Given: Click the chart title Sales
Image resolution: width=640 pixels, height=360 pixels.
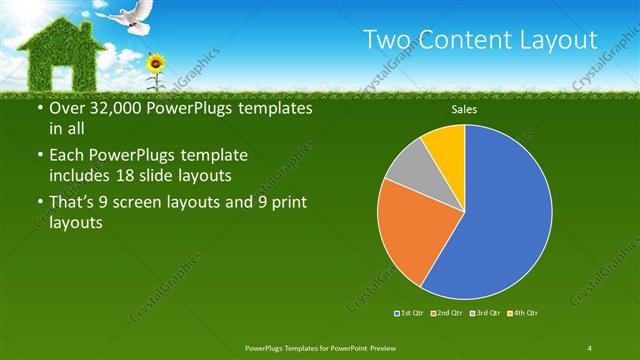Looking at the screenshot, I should coord(464,109).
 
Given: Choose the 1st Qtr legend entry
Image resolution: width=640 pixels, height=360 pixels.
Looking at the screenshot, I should coord(410,314).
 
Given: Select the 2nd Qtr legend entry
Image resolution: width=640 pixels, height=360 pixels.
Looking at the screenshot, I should coord(445,314).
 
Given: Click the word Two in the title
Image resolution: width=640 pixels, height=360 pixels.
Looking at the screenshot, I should coord(386,40).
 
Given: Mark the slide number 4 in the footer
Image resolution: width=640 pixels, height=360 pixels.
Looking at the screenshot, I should coord(590,347).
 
